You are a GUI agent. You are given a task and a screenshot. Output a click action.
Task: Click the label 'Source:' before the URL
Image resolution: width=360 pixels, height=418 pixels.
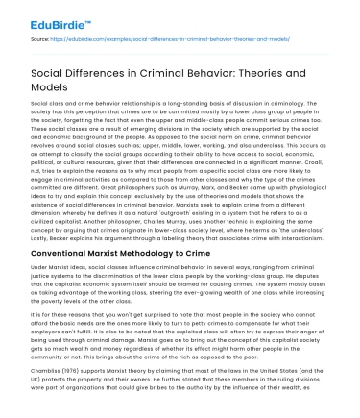41,39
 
